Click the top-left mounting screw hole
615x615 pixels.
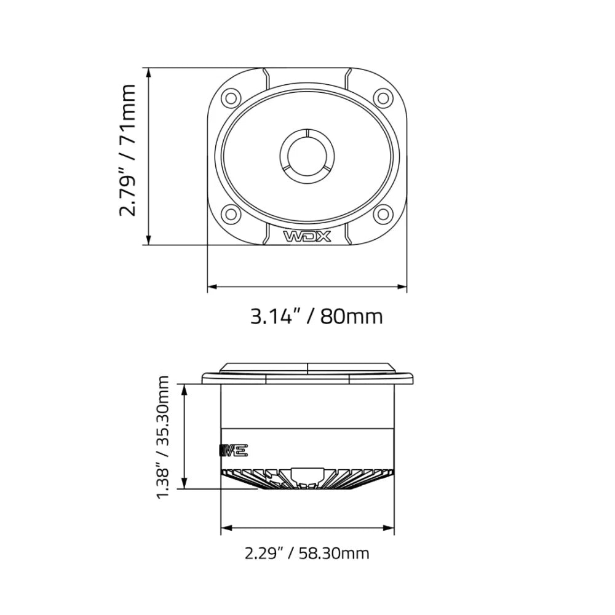tap(231, 97)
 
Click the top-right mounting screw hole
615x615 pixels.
tap(383, 97)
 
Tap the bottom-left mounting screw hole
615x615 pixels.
tap(231, 213)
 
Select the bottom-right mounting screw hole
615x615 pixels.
tap(383, 213)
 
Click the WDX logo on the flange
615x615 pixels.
tap(307, 237)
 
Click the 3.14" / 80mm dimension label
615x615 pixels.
tap(316, 316)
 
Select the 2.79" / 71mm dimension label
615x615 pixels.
tap(127, 151)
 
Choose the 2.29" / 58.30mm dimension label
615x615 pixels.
tap(307, 553)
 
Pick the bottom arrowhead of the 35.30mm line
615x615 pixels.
tap(184, 485)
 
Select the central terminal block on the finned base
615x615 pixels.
tap(307, 475)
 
